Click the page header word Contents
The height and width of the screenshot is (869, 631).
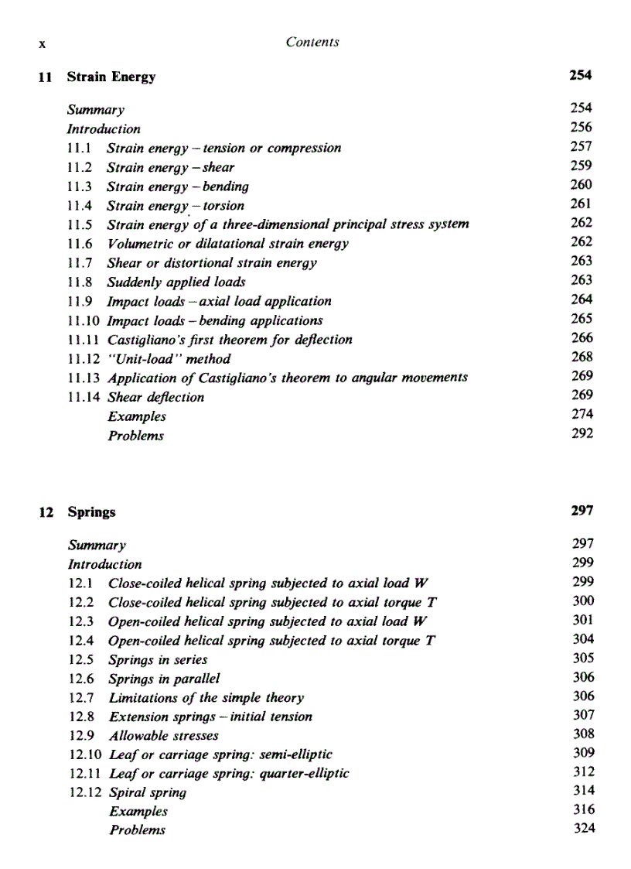(x=312, y=42)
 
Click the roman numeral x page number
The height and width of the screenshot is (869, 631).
(x=43, y=44)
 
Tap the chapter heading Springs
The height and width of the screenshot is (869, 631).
(x=91, y=511)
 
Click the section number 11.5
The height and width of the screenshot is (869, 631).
(x=81, y=224)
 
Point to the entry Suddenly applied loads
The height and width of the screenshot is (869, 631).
(x=176, y=282)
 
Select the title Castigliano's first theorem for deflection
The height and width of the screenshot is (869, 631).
(x=230, y=339)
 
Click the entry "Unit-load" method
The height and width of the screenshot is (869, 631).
(x=169, y=358)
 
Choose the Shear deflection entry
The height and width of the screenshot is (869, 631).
(x=155, y=397)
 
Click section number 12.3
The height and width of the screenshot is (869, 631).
(x=82, y=621)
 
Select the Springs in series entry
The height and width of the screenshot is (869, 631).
(x=158, y=660)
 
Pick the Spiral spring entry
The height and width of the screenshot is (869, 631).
(x=147, y=792)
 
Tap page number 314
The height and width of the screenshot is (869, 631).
(x=584, y=790)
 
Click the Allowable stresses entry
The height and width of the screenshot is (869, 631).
(x=163, y=736)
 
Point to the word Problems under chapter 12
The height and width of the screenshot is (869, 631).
(x=137, y=830)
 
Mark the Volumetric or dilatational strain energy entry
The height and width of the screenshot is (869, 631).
(x=227, y=244)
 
